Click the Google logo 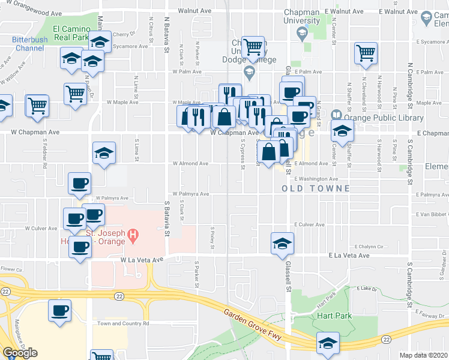pos(20,353)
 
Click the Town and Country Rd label pos(123,323)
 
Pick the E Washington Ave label pos(316,179)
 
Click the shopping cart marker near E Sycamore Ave pos(366,53)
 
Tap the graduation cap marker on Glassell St pos(281,243)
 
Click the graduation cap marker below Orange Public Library pos(341,132)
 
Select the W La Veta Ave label pos(141,260)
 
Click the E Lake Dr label pos(366,289)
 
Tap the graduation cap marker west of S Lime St pos(104,152)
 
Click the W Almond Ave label pos(190,163)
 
